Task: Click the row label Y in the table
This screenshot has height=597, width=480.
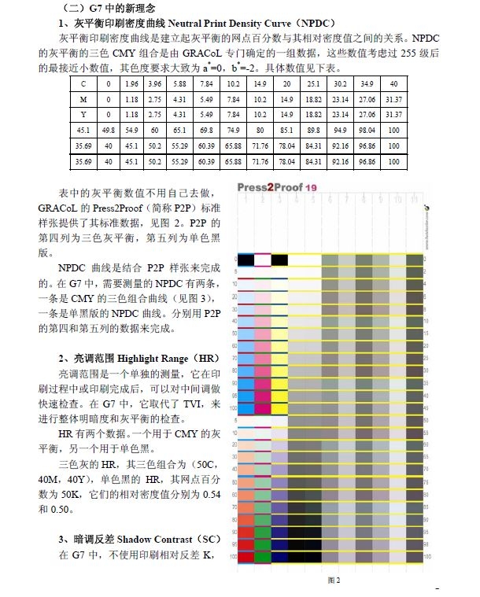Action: [83, 114]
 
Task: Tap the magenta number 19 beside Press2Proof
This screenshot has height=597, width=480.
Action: [312, 188]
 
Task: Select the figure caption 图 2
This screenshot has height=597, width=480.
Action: [334, 580]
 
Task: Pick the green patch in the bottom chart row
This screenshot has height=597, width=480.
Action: [262, 557]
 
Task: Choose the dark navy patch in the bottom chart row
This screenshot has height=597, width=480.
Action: [279, 557]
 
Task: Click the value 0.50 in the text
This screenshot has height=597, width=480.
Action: [65, 510]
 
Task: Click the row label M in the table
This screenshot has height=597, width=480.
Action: [83, 98]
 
